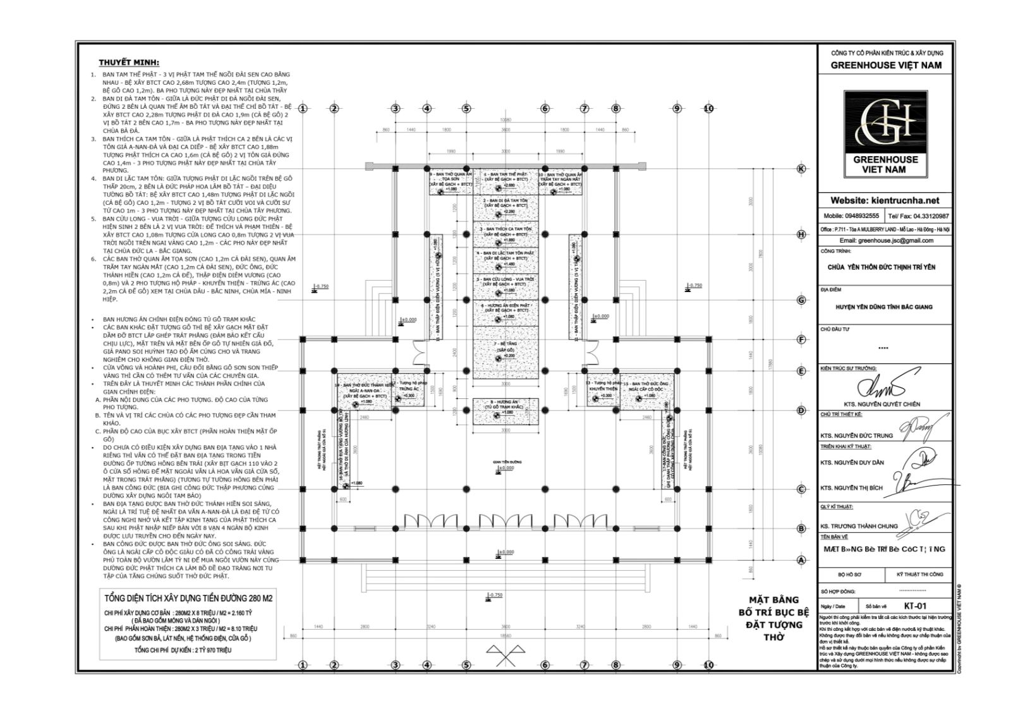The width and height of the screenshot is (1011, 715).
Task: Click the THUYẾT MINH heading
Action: [129, 63]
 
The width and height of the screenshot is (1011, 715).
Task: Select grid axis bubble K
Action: [801, 169]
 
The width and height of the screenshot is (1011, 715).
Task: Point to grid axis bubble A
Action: [801, 559]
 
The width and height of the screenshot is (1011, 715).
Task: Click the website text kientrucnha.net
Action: [885, 200]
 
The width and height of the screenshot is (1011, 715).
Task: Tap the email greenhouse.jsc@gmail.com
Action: [886, 241]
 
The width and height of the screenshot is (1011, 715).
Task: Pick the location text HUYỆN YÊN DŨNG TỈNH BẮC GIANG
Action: [885, 307]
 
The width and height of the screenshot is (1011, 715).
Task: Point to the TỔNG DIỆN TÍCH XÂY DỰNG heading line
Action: [188, 598]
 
